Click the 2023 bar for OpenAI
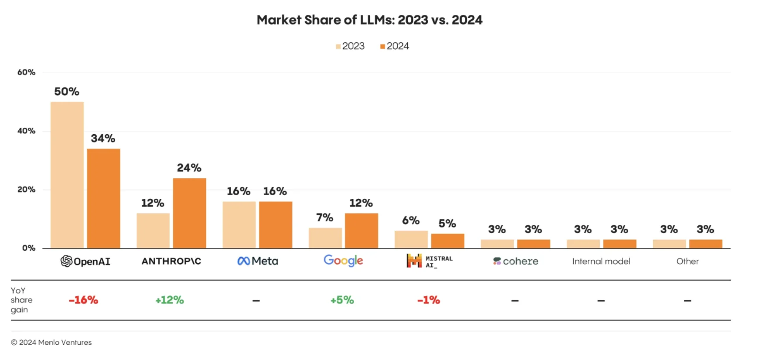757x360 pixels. pyautogui.click(x=67, y=175)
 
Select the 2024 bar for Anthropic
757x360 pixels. pyautogui.click(x=189, y=213)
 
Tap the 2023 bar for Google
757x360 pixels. pyautogui.click(x=325, y=238)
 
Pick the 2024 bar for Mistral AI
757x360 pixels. pyautogui.click(x=447, y=241)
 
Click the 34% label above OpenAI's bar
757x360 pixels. pyautogui.click(x=103, y=139)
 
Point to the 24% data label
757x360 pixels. pyautogui.click(x=189, y=168)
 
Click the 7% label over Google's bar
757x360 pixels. pyautogui.click(x=324, y=217)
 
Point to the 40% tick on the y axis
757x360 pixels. pyautogui.click(x=26, y=131)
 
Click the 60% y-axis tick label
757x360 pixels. pyautogui.click(x=26, y=72)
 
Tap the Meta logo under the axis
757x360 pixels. pyautogui.click(x=257, y=261)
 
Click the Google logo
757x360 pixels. pyautogui.click(x=343, y=261)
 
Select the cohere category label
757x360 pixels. pyautogui.click(x=515, y=261)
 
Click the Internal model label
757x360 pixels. pyautogui.click(x=601, y=261)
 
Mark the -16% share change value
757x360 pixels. pyautogui.click(x=83, y=300)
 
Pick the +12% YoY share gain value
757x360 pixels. pyautogui.click(x=170, y=300)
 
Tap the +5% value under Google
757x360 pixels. pyautogui.click(x=342, y=300)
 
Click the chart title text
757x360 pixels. pyautogui.click(x=369, y=20)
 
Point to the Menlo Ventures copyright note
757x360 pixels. pyautogui.click(x=51, y=343)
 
